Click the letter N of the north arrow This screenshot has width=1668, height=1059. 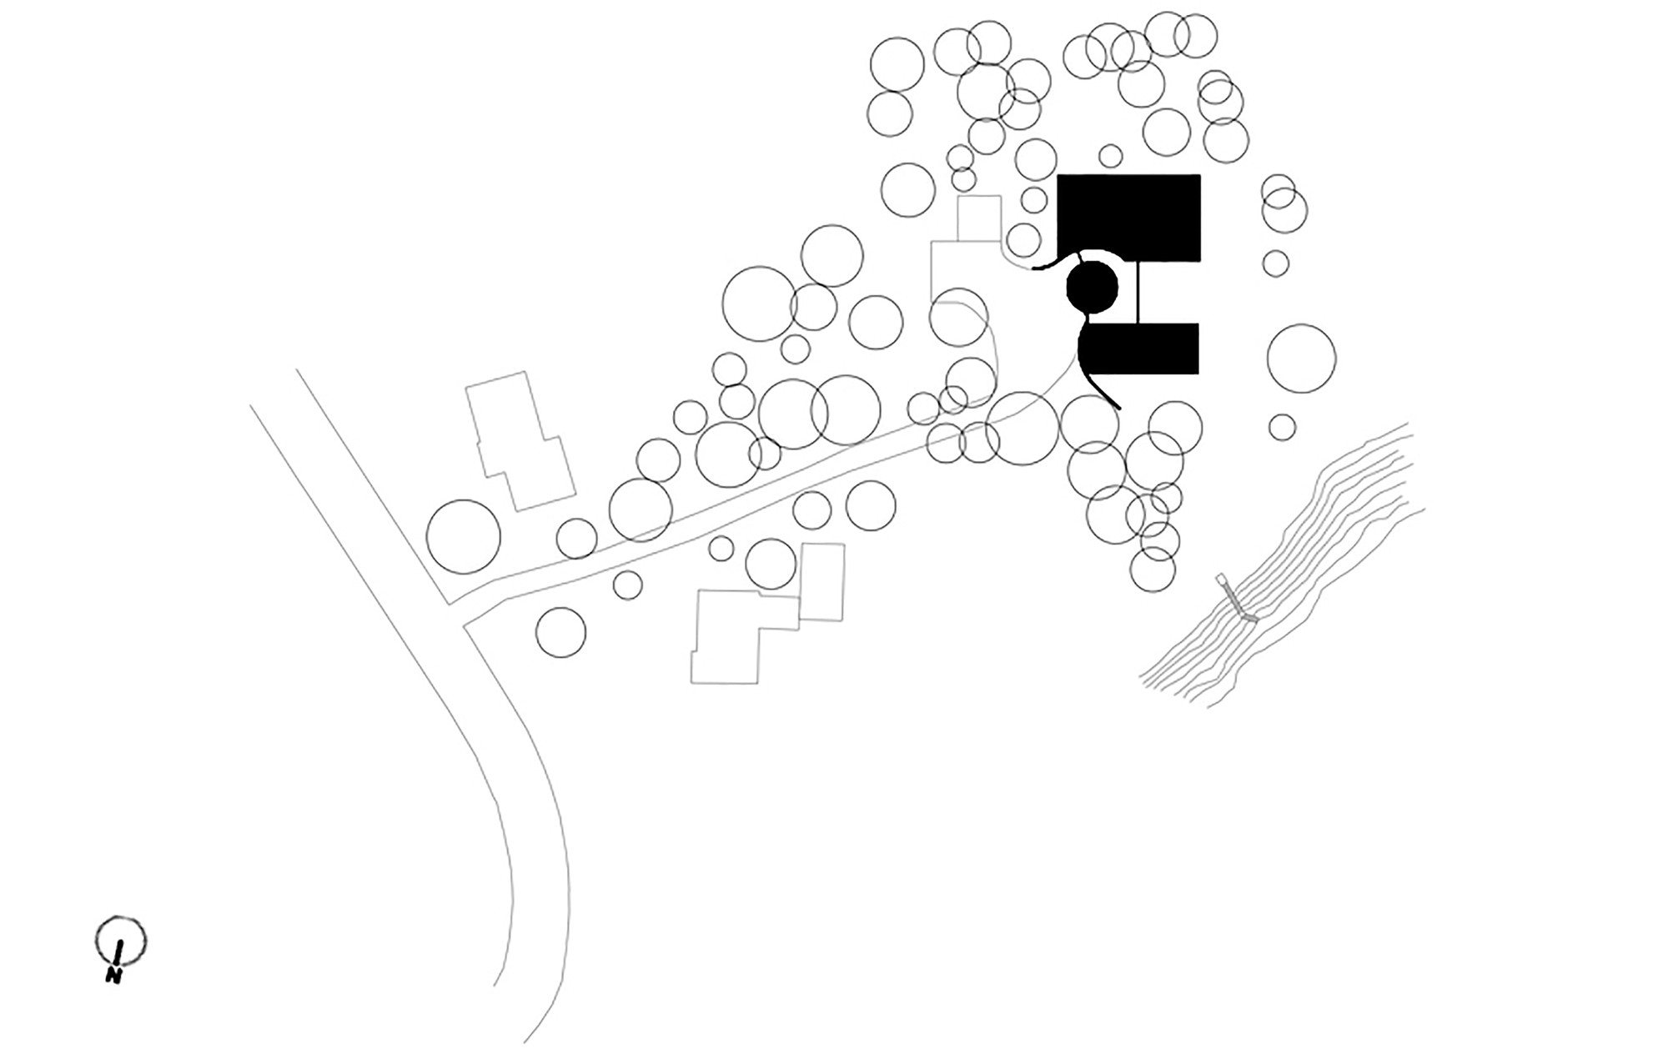click(x=114, y=975)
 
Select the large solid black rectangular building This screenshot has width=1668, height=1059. click(x=1128, y=217)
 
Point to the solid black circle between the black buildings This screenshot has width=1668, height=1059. click(x=1093, y=287)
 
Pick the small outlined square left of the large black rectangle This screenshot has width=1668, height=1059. click(x=978, y=218)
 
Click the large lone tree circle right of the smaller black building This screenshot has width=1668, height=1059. click(x=1301, y=359)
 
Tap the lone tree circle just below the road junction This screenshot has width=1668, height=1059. click(x=561, y=632)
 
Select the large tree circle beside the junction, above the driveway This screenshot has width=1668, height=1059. click(x=463, y=537)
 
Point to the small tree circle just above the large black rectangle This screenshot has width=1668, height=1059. click(x=1110, y=156)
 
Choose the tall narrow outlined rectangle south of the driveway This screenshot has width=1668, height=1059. click(x=821, y=582)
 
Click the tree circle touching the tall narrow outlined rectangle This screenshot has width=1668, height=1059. click(x=771, y=564)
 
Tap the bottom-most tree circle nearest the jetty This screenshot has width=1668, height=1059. click(x=1153, y=570)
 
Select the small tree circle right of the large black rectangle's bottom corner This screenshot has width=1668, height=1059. click(x=1275, y=263)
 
